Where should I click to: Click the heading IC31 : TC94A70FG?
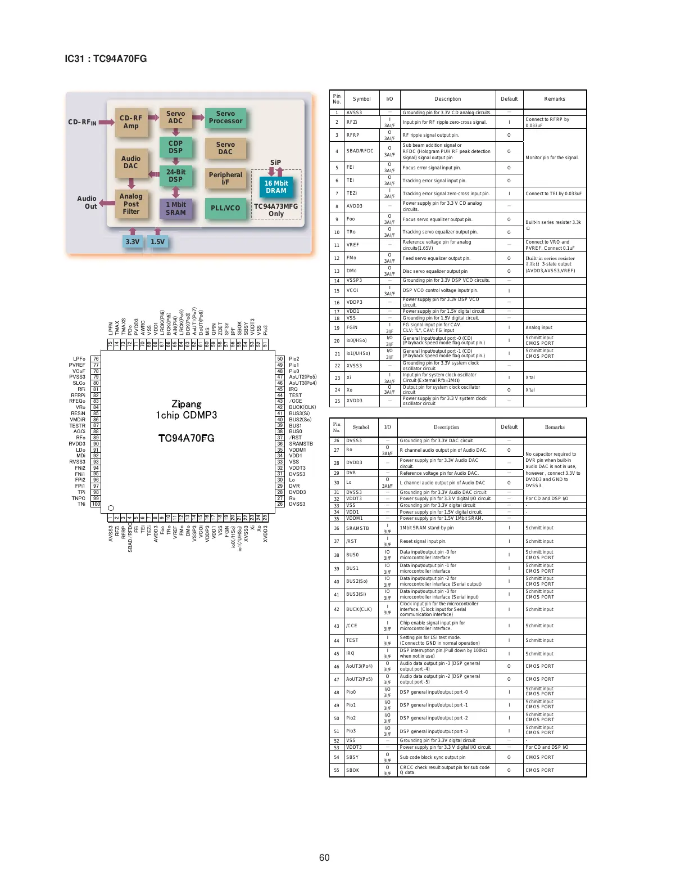click(x=106, y=59)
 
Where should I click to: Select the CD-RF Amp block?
click(x=131, y=122)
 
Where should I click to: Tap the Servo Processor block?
click(x=225, y=118)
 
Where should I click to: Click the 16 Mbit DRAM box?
click(x=276, y=187)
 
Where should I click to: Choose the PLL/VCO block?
click(x=225, y=208)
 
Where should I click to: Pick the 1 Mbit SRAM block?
click(x=175, y=209)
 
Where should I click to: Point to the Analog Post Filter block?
click(x=131, y=204)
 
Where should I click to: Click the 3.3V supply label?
click(x=132, y=242)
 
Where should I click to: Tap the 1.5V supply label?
click(x=157, y=242)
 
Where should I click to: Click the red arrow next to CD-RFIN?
click(x=106, y=122)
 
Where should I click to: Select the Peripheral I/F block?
click(x=225, y=178)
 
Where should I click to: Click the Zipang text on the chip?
click(x=186, y=404)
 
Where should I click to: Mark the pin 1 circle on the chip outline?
click(x=111, y=508)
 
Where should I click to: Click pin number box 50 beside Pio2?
click(x=280, y=359)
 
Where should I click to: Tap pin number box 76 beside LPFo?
click(x=96, y=359)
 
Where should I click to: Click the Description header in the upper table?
click(x=447, y=99)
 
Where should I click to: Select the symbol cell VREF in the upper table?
click(x=352, y=245)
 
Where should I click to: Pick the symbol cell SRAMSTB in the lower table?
click(x=357, y=528)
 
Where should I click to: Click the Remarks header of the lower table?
click(x=555, y=427)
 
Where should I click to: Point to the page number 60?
click(x=324, y=857)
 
